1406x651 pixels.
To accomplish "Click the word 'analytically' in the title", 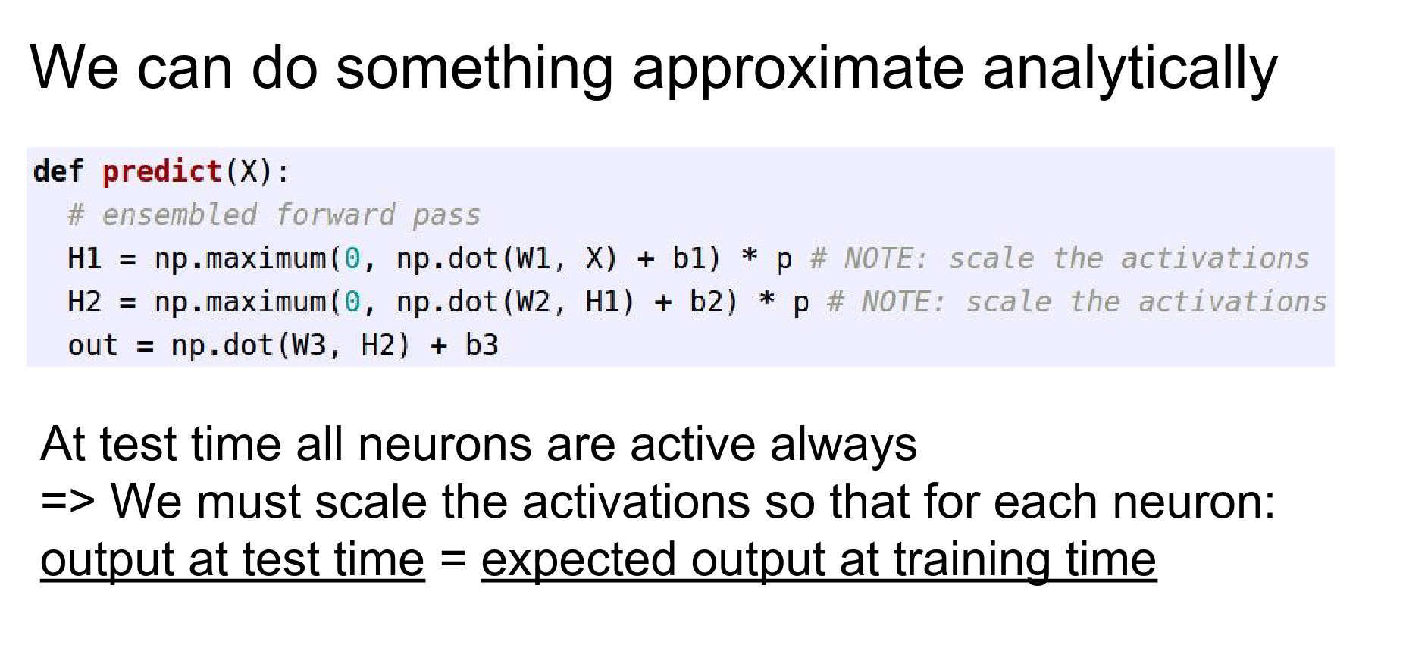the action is point(1129,69).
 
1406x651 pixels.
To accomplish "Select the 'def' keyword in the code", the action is point(58,172).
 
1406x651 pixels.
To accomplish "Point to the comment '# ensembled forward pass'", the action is point(274,215).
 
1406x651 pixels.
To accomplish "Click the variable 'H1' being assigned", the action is point(84,259).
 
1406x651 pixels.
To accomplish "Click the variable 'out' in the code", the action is point(92,346).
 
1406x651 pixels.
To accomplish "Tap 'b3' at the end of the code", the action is point(482,346).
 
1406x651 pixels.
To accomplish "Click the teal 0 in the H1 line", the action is point(351,259).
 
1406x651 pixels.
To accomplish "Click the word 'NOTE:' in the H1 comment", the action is point(886,259).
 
